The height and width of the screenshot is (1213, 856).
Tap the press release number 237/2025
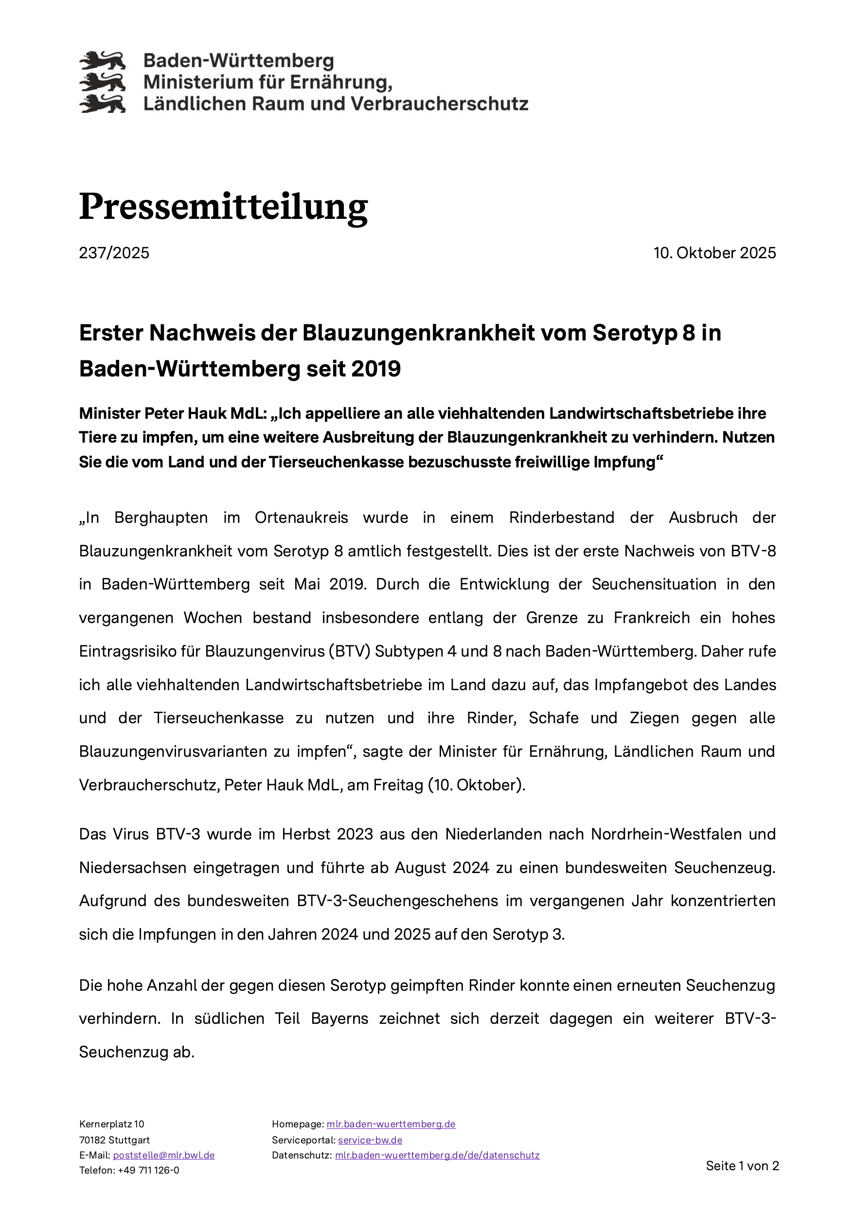point(114,253)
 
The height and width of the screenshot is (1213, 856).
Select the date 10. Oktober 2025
point(714,253)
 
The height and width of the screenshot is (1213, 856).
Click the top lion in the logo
point(103,61)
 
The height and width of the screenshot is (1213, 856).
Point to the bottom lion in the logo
point(103,104)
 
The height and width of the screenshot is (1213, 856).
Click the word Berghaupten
point(161,518)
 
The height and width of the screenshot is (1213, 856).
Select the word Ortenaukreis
point(301,518)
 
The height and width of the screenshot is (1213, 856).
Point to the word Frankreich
point(652,618)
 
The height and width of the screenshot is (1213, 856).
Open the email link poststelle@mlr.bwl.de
point(164,1155)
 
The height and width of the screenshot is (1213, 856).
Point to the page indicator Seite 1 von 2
point(742,1166)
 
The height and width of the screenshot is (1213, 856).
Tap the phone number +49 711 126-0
point(148,1170)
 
